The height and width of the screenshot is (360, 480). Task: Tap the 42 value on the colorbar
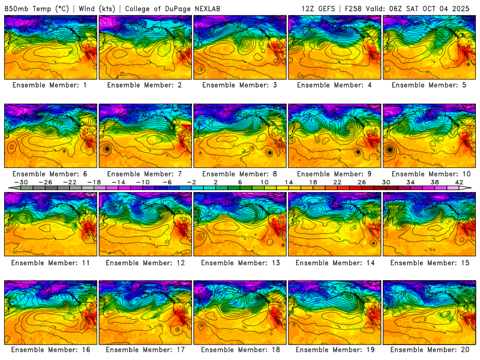coord(459,182)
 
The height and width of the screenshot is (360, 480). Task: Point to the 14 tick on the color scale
coord(288,182)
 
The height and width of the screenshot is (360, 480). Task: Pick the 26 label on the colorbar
coord(361,182)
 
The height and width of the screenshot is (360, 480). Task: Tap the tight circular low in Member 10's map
coord(391,149)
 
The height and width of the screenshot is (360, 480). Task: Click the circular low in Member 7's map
coord(107,148)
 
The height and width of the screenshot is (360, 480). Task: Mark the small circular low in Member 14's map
coord(374,244)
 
